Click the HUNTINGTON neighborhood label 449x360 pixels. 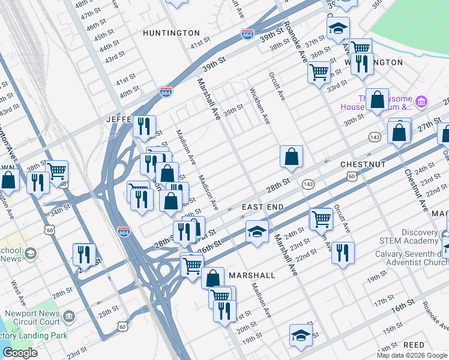pos(171,33)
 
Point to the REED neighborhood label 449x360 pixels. pos(414,345)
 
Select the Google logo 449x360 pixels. pos(20,353)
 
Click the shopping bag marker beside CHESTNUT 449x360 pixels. pos(291,157)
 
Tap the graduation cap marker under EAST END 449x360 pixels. pos(257,232)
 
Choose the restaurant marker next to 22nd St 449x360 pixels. pos(343,252)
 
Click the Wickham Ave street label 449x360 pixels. pos(260,106)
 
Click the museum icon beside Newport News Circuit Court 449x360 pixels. pos(70,316)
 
